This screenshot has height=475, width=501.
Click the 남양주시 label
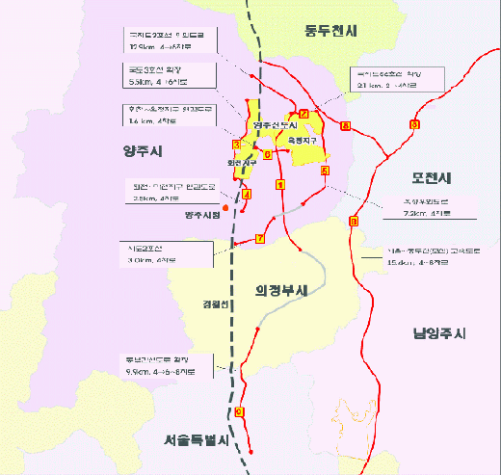click(x=438, y=333)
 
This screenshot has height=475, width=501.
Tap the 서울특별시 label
click(x=194, y=440)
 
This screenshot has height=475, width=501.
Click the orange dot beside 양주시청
click(x=224, y=206)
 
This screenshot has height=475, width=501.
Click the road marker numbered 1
click(x=279, y=184)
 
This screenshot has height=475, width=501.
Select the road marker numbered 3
click(x=236, y=145)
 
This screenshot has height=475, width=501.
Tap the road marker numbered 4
click(x=247, y=195)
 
